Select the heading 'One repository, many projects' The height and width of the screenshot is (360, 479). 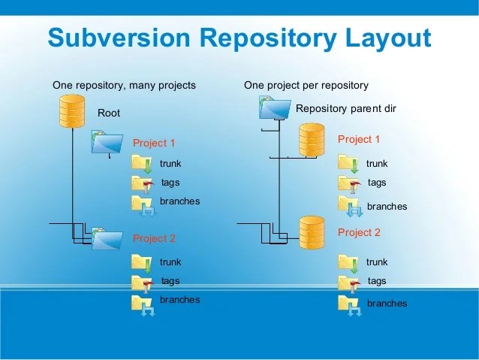pos(124,86)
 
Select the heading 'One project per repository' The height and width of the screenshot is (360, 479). pos(306,86)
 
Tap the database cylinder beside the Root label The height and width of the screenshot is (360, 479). pos(72,111)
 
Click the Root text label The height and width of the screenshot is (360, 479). pos(109,113)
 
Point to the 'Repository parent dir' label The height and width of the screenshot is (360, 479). pos(345,109)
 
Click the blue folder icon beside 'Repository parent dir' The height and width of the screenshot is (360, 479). pos(274,108)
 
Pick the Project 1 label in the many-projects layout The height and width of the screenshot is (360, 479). pos(154,143)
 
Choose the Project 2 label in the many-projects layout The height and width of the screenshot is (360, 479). pos(154,238)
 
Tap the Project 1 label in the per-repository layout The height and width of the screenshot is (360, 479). pos(359,139)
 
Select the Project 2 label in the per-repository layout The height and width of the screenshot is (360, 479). pos(359,232)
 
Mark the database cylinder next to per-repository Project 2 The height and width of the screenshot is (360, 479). pos(311,232)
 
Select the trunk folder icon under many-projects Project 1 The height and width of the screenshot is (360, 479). pos(142,163)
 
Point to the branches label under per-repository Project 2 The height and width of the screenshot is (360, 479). pos(387,304)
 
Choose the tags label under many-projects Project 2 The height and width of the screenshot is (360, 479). pos(170,281)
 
